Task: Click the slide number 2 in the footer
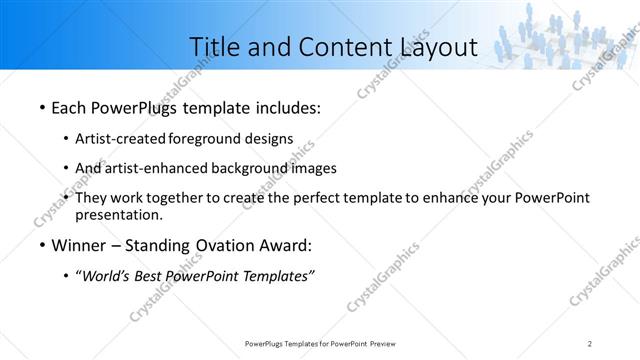tap(590, 344)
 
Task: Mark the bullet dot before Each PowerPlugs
tap(41, 107)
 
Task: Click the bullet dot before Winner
tap(41, 246)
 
